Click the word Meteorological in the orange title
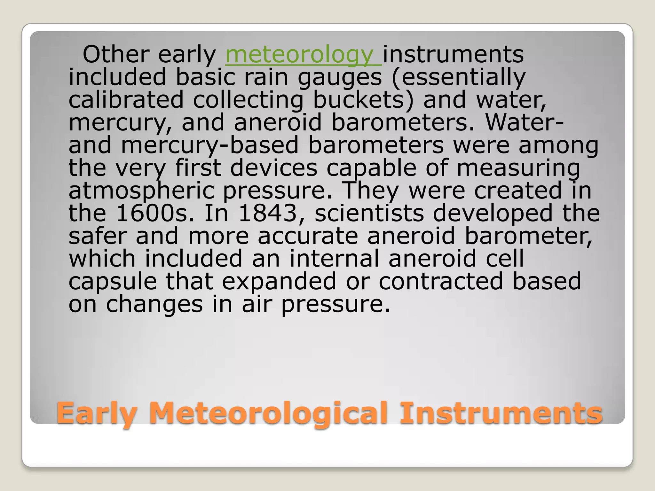tap(268, 413)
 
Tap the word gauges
tap(340, 78)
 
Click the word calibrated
tap(126, 100)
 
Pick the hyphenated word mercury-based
tap(210, 145)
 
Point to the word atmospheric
tap(141, 191)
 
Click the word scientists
tap(369, 214)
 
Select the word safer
tap(97, 236)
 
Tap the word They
tap(371, 191)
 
